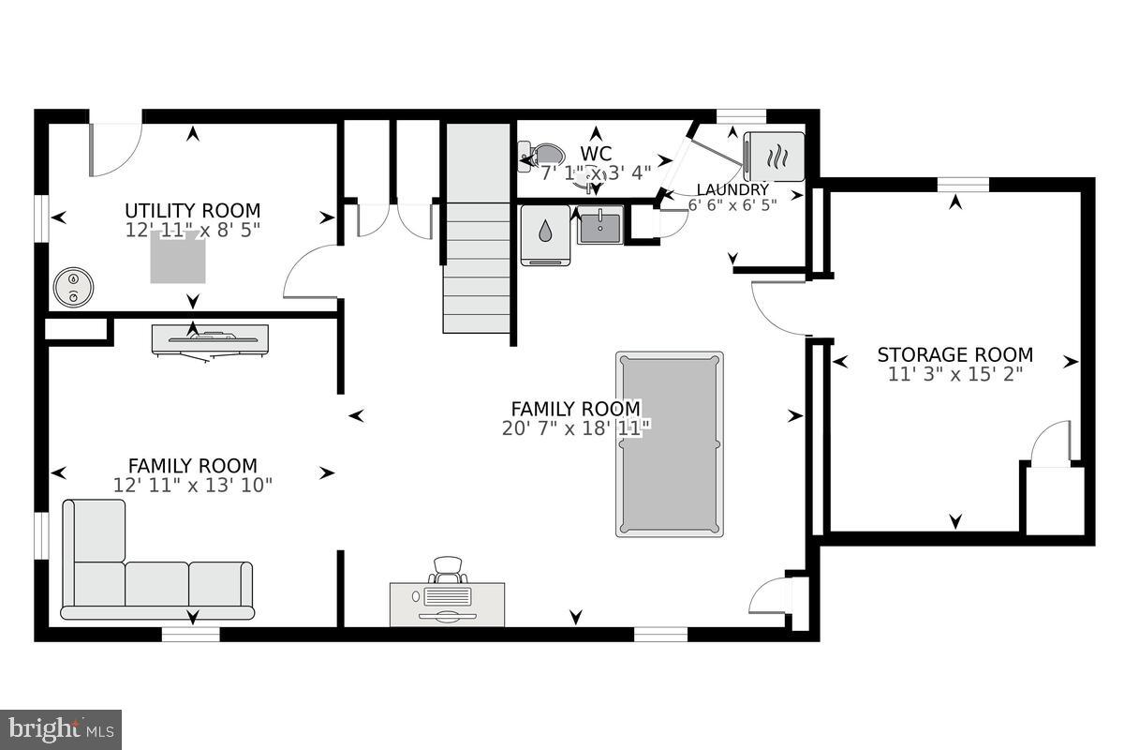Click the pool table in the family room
(669, 444)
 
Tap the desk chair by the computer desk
(449, 570)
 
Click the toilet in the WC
(541, 156)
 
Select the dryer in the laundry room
(774, 156)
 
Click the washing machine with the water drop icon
(545, 234)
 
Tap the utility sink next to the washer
(599, 225)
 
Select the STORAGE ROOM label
(954, 355)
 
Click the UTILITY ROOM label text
(193, 211)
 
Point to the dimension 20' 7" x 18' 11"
(575, 427)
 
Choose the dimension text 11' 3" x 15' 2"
(954, 374)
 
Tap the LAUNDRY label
(732, 189)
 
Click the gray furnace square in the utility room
(178, 258)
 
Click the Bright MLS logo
(61, 728)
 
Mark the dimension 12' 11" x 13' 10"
(193, 485)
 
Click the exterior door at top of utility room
(114, 148)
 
